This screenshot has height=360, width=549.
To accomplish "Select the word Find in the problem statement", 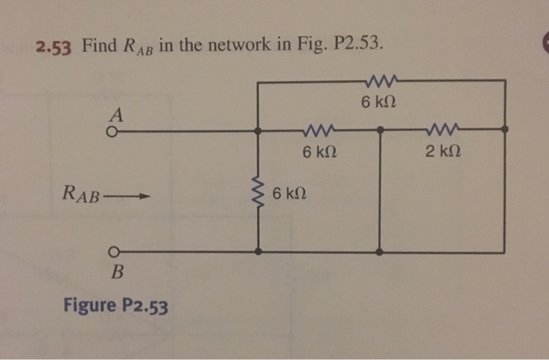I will tap(99, 44).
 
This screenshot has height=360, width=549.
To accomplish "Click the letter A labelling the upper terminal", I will tap(116, 115).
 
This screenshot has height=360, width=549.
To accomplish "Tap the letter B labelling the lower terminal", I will tap(118, 273).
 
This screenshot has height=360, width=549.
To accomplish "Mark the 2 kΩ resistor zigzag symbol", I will tap(443, 130).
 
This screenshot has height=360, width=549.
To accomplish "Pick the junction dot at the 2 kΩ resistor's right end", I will tap(504, 130).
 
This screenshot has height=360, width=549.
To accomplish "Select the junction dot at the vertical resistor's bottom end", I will tap(258, 253).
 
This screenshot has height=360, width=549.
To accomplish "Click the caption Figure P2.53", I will tap(115, 305).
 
